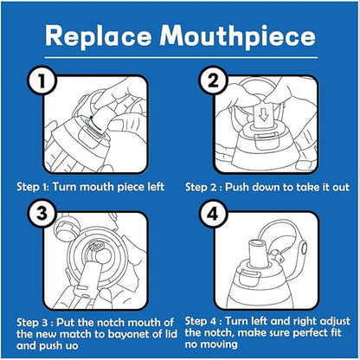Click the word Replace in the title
click(x=98, y=36)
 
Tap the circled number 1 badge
click(x=42, y=80)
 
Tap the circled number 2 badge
click(x=213, y=80)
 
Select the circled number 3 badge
click(x=42, y=214)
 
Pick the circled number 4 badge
click(x=213, y=214)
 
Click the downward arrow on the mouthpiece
click(x=263, y=115)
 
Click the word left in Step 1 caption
click(x=156, y=187)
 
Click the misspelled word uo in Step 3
click(x=72, y=345)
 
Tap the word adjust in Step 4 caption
click(x=336, y=321)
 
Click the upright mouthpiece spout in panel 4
click(x=259, y=253)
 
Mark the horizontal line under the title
click(x=181, y=58)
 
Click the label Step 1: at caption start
click(x=34, y=187)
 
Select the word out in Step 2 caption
click(x=341, y=187)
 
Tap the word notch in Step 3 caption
click(x=111, y=323)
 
